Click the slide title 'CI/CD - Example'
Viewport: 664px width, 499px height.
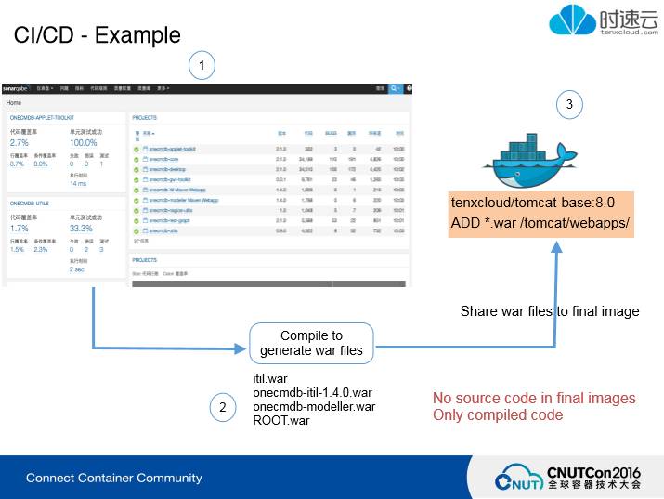97,35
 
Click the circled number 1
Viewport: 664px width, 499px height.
202,65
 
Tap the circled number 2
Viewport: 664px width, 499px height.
222,406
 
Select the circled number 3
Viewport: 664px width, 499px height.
569,104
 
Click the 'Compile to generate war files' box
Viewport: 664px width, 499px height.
311,342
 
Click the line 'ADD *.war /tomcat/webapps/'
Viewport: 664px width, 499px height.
540,223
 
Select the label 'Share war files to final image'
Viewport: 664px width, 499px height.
550,311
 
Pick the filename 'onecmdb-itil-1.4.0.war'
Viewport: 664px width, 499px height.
312,393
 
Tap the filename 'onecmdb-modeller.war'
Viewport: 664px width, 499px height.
314,406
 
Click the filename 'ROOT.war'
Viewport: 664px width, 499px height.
281,420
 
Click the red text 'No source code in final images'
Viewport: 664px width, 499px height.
534,399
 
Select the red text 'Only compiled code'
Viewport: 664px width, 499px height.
498,414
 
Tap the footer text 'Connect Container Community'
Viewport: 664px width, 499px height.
113,478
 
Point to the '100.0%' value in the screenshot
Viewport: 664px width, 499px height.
83,143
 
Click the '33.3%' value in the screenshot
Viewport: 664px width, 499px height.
81,228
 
